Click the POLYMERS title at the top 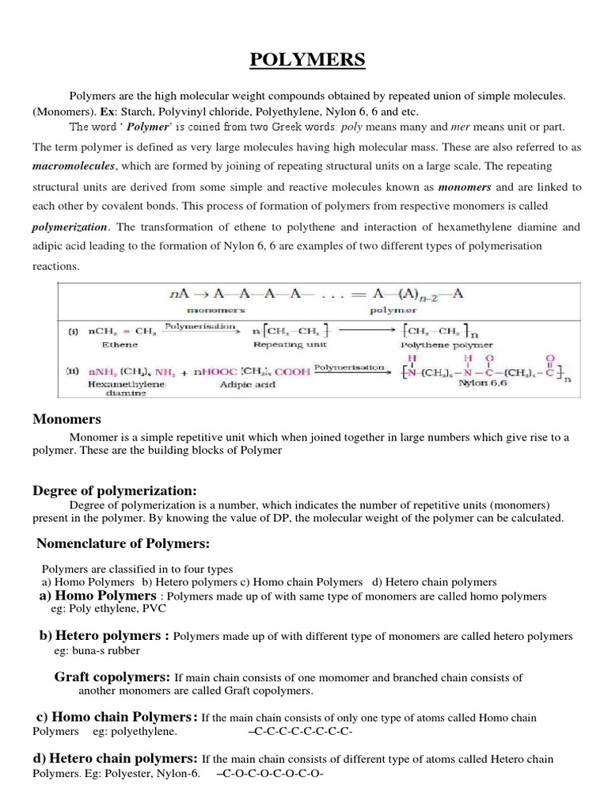coord(304,61)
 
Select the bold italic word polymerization coord(70,227)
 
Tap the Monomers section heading coord(66,419)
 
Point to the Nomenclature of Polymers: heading coord(122,543)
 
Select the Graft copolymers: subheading coord(112,677)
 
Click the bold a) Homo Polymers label coord(98,596)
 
